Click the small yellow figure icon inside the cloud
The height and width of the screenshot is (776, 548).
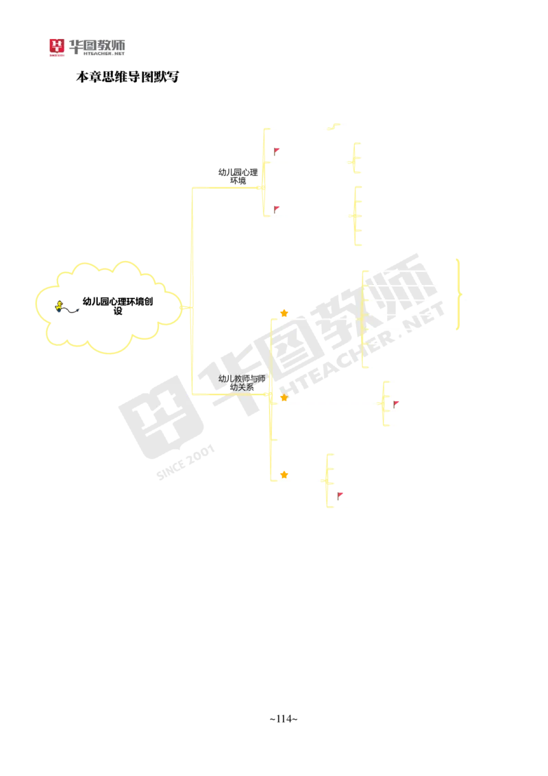coord(60,305)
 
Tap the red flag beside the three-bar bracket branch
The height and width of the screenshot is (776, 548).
coord(277,150)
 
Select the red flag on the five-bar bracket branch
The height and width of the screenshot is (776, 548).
coord(277,207)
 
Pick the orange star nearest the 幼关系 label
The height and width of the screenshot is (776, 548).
coord(284,397)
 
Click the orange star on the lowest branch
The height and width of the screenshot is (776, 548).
coord(284,474)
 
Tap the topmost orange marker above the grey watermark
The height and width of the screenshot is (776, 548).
coord(284,313)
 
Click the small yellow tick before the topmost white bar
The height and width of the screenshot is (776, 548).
coord(334,125)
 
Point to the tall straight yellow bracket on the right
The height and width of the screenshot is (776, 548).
coord(458,295)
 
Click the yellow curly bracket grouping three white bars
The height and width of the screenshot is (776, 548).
coord(354,158)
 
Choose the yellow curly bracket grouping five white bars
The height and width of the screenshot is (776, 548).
coord(354,214)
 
